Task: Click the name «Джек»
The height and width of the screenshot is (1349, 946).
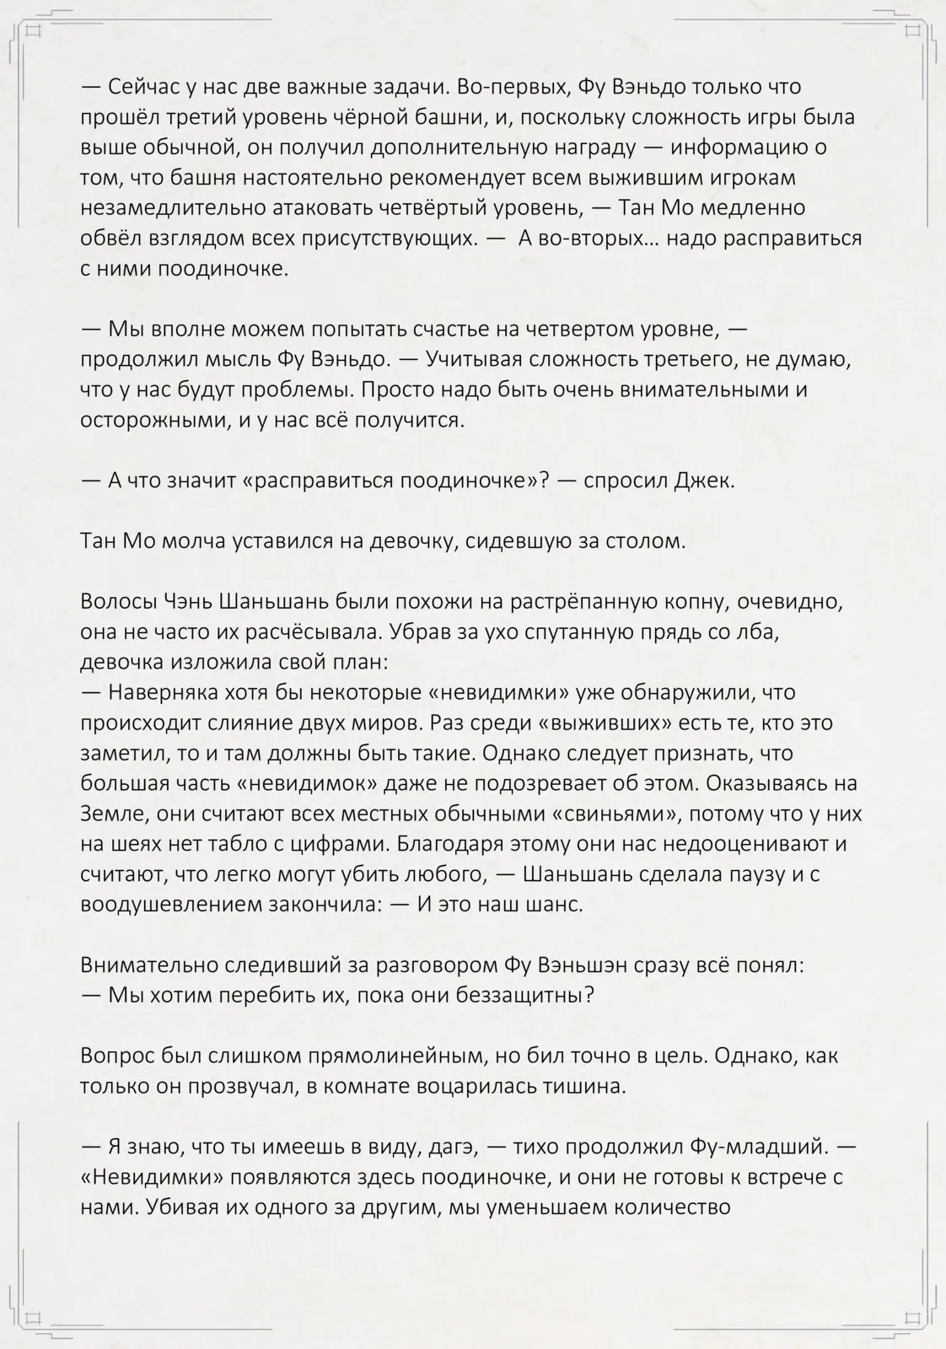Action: point(704,481)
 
